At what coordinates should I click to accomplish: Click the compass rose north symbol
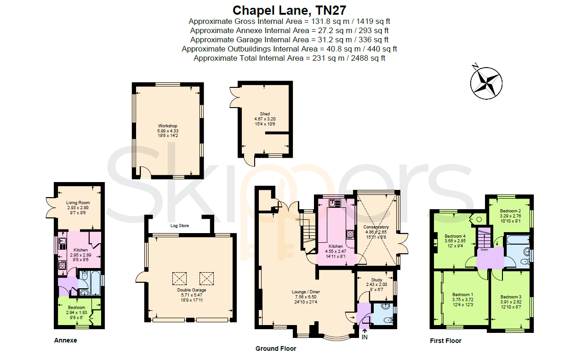486,83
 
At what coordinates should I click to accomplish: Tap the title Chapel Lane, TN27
289,11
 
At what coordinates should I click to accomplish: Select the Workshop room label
168,126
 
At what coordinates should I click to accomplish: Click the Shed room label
265,114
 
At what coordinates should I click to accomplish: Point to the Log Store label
179,225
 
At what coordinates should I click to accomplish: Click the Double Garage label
192,290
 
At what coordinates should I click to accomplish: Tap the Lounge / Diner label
306,292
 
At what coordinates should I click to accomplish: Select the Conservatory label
376,227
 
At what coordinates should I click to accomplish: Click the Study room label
376,280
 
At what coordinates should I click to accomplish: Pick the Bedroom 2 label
510,211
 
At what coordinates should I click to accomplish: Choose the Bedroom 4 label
455,236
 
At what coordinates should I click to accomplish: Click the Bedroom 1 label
462,295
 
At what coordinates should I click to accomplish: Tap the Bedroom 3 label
511,297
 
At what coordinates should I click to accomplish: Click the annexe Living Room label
78,203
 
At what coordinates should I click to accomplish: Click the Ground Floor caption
276,349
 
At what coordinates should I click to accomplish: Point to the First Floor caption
445,341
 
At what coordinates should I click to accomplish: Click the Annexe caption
66,340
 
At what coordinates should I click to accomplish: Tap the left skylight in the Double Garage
179,279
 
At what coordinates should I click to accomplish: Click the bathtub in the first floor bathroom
518,240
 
